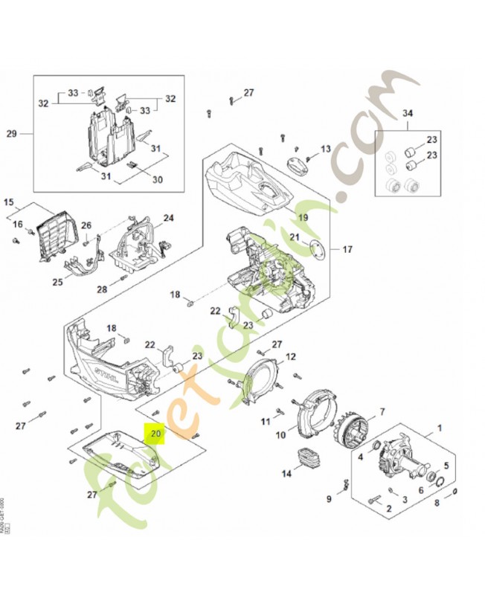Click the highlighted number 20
point(155,432)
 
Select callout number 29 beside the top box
point(11,134)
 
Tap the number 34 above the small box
point(407,113)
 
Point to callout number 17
point(347,249)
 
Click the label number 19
point(303,217)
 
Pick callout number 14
point(286,473)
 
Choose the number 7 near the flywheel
point(382,411)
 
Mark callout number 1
point(438,428)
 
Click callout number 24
point(169,218)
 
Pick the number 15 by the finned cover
point(9,202)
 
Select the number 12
point(291,356)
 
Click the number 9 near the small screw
point(329,498)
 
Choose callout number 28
point(103,289)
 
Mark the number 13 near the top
point(325,149)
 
